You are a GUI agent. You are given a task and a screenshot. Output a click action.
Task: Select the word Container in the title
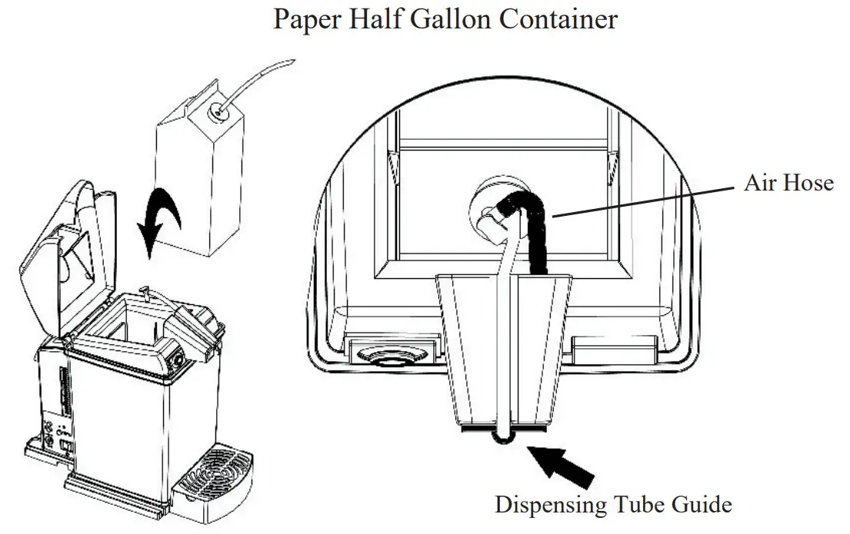[x=558, y=18]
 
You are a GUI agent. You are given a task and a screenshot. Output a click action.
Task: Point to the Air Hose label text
[x=788, y=182]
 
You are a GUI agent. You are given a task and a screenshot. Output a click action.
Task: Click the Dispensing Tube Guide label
[x=613, y=505]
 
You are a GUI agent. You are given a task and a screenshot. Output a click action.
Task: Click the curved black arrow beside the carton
[x=162, y=214]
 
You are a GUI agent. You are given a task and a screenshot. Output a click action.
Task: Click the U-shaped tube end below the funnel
[x=501, y=438]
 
